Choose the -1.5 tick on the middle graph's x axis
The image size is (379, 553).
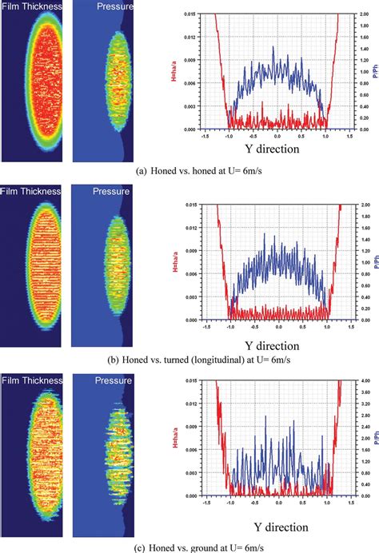point(208,326)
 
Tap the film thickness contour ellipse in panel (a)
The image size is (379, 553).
point(32,84)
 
